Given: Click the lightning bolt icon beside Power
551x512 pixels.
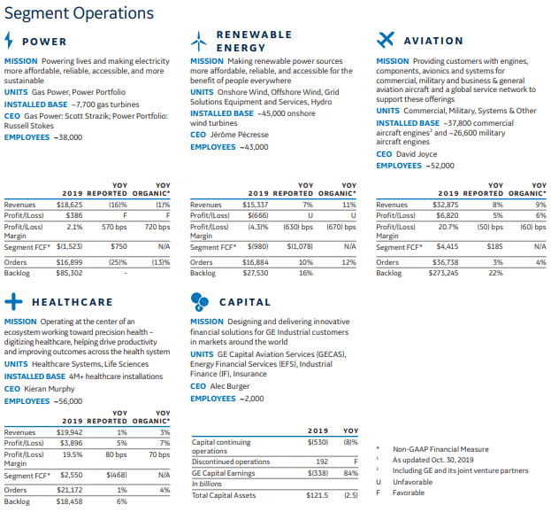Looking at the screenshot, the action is tap(9, 40).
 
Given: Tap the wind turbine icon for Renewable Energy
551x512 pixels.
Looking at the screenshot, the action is tap(198, 41).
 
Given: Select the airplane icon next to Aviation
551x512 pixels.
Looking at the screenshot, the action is tap(385, 40).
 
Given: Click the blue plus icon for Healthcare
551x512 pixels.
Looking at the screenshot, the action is tap(13, 301).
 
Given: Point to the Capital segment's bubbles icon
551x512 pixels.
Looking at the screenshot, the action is tap(200, 302).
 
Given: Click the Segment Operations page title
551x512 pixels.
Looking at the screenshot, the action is tap(79, 13).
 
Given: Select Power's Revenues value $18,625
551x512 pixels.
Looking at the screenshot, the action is tap(70, 205).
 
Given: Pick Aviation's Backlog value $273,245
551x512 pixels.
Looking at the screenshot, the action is tap(443, 273).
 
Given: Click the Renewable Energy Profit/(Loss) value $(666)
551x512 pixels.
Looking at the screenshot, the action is tap(258, 215).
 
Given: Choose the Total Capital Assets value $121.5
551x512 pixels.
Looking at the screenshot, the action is tap(317, 495).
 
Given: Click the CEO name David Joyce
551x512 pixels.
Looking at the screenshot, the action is tap(417, 154).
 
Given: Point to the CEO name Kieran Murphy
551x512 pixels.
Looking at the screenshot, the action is tap(50, 389).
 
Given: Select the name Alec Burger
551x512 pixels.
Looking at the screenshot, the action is tap(230, 386).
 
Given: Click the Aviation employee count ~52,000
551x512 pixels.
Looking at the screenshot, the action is tap(440, 166).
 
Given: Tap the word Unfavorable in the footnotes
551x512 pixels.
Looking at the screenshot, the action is tap(412, 482).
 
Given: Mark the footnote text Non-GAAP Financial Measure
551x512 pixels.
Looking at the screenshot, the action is tap(440, 449).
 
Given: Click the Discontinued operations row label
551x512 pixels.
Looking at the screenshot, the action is tap(231, 462).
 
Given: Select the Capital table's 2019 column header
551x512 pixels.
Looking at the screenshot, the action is tap(318, 431).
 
